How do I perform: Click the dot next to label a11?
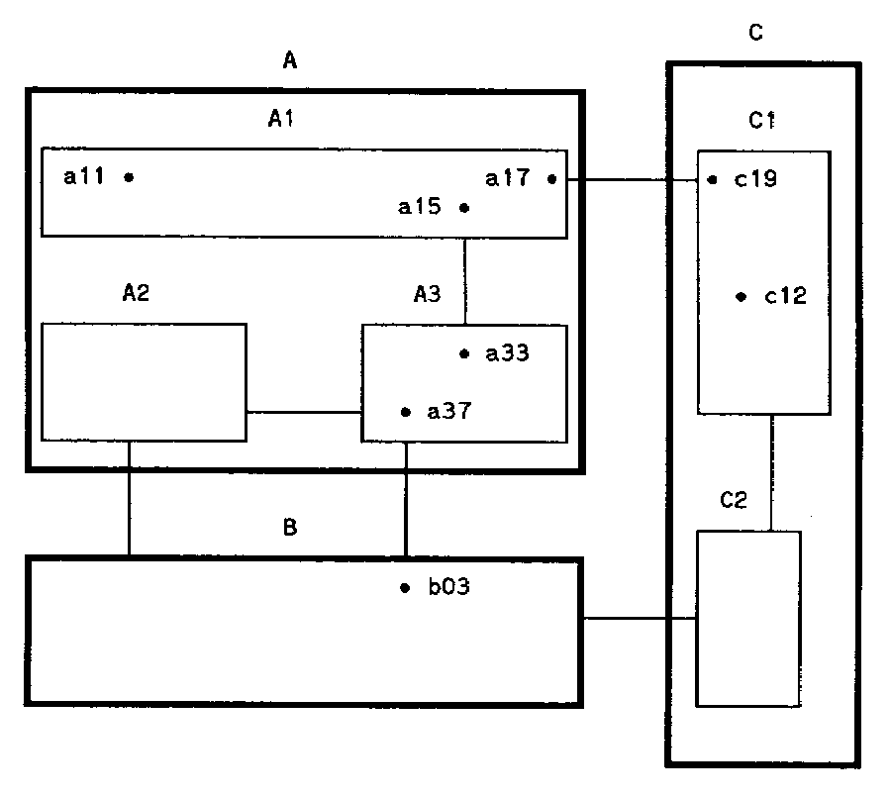(129, 177)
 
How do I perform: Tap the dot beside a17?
(551, 179)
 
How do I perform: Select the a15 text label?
(419, 208)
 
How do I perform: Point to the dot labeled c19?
(713, 180)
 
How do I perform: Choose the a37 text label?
(447, 412)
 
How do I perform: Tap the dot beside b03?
(404, 588)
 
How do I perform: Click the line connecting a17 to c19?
(634, 180)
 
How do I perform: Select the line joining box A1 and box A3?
(464, 280)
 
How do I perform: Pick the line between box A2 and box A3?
(304, 412)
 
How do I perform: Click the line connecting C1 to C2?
(772, 472)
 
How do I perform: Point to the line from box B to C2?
(641, 620)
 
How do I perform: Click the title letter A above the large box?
(289, 62)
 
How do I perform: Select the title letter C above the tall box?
(755, 34)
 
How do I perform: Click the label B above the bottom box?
(289, 528)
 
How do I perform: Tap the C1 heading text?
(760, 121)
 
